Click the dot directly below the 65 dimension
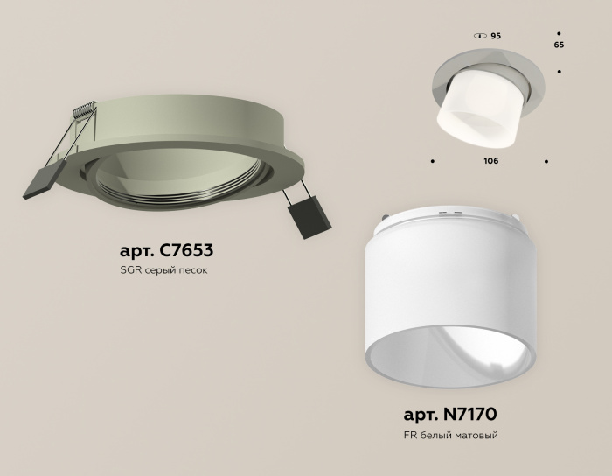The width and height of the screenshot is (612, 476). pos(559,73)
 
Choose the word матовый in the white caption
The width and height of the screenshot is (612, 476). pos(477,435)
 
